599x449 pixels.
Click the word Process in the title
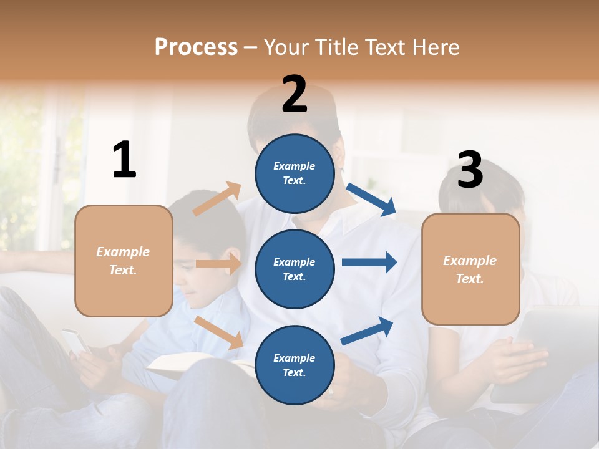196,47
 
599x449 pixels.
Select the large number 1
124,160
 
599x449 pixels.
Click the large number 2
295,94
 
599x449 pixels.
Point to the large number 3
470,170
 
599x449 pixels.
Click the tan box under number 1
124,261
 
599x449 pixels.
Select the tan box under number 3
470,269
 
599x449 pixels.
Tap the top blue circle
295,173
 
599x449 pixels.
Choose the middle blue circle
295,269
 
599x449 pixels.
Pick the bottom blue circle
295,365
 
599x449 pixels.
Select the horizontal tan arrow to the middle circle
219,264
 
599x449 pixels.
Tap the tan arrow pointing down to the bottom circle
219,332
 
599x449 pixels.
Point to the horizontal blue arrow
369,262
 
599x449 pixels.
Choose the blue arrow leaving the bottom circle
368,331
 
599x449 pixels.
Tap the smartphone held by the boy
75,341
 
